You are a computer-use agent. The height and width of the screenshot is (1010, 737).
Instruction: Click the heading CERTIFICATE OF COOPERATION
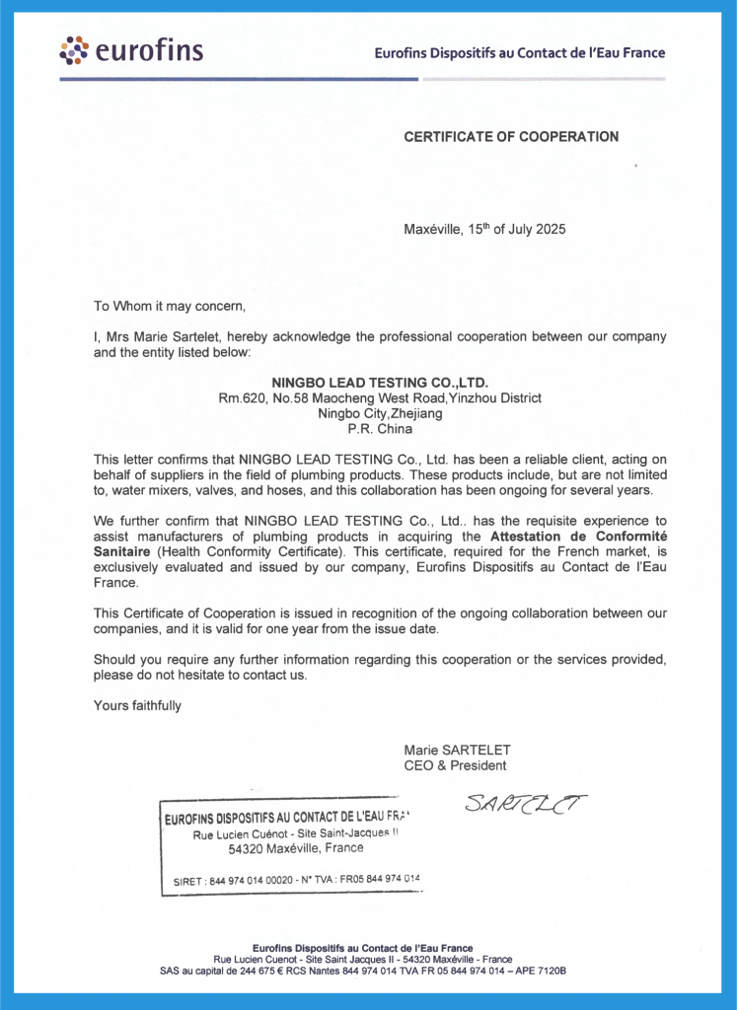(x=511, y=137)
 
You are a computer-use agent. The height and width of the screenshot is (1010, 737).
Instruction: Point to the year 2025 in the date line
(x=550, y=229)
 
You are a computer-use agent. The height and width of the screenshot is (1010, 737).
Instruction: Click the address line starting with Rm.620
(x=380, y=398)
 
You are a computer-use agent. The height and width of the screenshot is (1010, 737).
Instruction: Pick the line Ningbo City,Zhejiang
(x=380, y=413)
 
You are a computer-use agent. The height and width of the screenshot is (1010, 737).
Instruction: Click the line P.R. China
(x=380, y=429)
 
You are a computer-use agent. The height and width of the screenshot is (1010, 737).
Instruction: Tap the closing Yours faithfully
(x=137, y=705)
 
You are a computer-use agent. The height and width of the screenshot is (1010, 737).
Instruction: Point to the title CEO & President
(x=455, y=765)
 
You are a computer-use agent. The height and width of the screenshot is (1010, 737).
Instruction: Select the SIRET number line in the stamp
(x=296, y=879)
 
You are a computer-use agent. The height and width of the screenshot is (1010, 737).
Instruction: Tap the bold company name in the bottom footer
(x=362, y=948)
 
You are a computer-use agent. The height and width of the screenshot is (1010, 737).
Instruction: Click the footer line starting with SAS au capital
(x=362, y=971)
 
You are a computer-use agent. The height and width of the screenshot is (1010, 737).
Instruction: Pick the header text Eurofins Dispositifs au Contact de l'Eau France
(x=519, y=53)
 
